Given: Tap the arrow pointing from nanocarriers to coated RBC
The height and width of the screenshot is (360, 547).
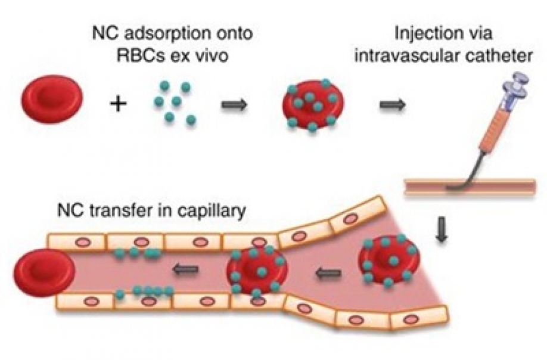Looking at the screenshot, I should (234, 104).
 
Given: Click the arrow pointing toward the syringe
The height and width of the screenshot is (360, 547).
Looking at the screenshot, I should (392, 104).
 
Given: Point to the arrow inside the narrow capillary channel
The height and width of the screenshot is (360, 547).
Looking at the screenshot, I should (187, 271).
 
